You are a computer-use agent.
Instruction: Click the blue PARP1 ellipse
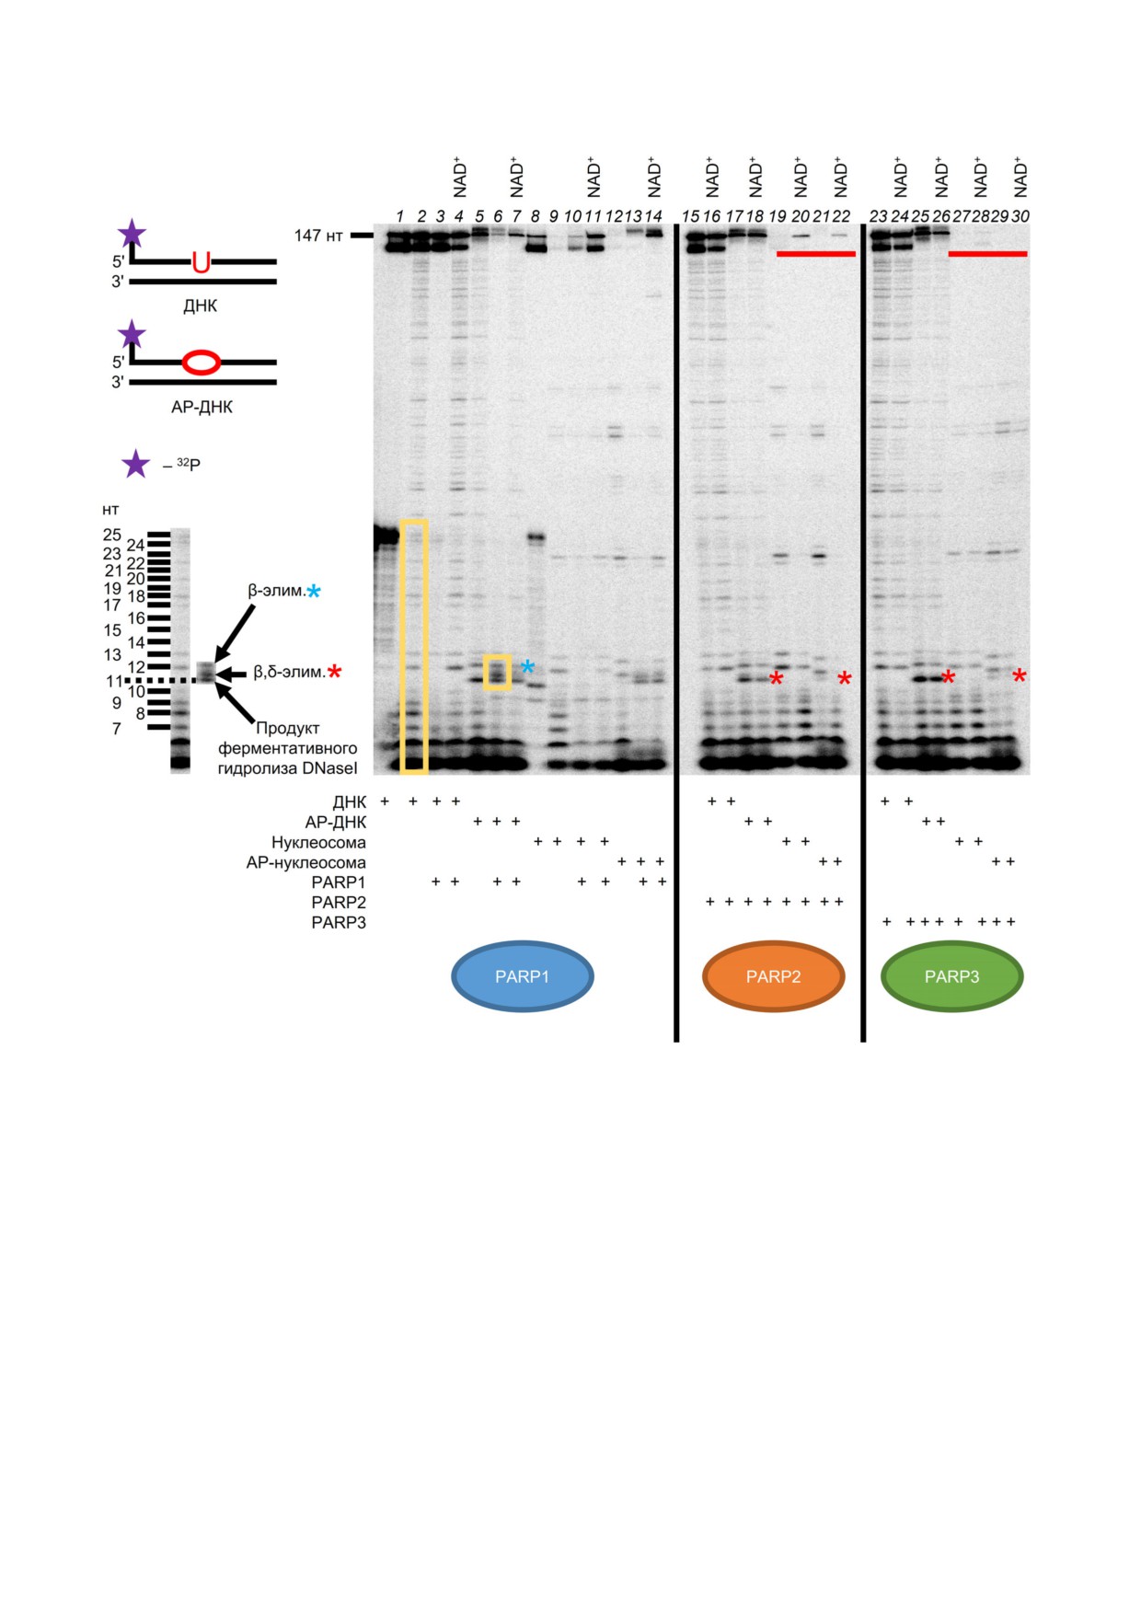click(x=523, y=976)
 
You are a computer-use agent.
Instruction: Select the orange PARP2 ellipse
click(x=773, y=976)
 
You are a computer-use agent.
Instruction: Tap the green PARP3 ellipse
click(x=951, y=976)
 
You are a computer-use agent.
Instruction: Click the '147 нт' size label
click(x=318, y=236)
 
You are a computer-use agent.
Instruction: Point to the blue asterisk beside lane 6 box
click(x=527, y=666)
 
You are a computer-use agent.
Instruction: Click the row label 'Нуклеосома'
click(x=318, y=842)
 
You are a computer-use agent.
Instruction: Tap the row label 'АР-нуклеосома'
click(x=305, y=862)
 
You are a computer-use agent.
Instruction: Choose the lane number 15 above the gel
click(x=690, y=216)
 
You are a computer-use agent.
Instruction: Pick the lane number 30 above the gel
click(x=1020, y=216)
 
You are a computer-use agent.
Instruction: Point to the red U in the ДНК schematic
click(x=201, y=262)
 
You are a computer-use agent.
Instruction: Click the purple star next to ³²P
click(x=136, y=465)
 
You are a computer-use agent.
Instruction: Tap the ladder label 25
click(x=112, y=535)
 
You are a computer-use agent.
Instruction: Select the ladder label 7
click(x=116, y=729)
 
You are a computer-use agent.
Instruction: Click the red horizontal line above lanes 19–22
click(x=816, y=253)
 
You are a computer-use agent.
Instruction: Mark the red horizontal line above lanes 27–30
click(x=987, y=253)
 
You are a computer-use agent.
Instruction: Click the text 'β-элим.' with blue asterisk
click(x=276, y=591)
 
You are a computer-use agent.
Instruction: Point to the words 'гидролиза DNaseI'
click(x=287, y=768)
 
